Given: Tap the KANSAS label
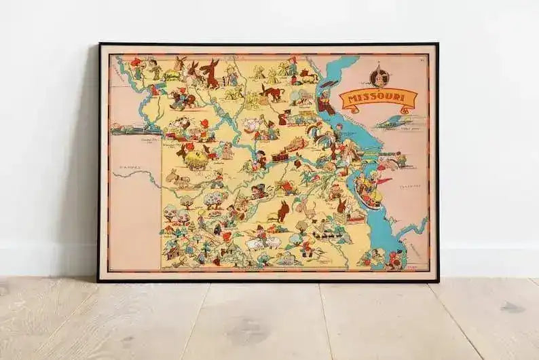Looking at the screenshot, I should pos(125,166).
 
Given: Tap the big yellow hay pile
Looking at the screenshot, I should pos(195,159).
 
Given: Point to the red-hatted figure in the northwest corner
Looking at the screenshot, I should pos(136,65).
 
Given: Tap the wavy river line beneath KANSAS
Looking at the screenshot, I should pos(136,178).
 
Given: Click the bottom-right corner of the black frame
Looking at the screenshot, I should pos(438,281).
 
